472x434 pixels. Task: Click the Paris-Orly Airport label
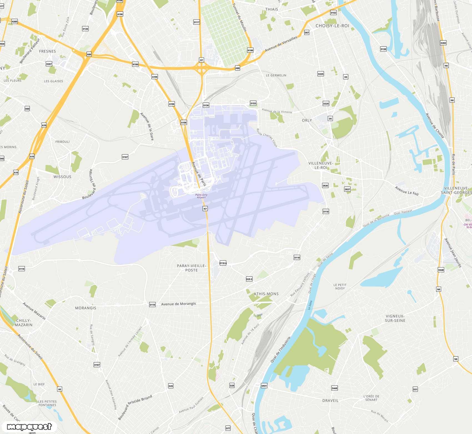[x=201, y=196]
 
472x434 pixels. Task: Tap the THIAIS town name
[x=272, y=9]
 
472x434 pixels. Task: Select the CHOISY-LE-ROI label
[x=332, y=26]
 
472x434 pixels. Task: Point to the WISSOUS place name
[x=62, y=177]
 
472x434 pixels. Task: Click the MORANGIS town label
[x=86, y=308]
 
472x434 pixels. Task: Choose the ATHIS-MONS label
[x=266, y=294]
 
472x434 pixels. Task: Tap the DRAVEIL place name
[x=330, y=401]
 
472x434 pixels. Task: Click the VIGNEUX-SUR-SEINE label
[x=395, y=318]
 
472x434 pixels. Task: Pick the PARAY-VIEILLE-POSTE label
[x=192, y=268]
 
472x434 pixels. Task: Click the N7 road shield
[x=205, y=209]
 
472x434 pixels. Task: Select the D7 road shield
[x=202, y=60]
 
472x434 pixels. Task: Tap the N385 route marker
[x=14, y=21]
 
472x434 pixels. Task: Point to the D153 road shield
[x=253, y=103]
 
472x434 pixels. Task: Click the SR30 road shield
[x=325, y=186]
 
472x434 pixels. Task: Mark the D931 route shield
[x=264, y=386]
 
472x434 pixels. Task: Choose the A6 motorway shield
[x=60, y=389]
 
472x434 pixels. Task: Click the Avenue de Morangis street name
[x=179, y=304]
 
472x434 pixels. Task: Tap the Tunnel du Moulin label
[x=239, y=17]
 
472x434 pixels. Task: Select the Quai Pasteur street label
[x=403, y=212]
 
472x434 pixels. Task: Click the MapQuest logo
[x=29, y=426]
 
